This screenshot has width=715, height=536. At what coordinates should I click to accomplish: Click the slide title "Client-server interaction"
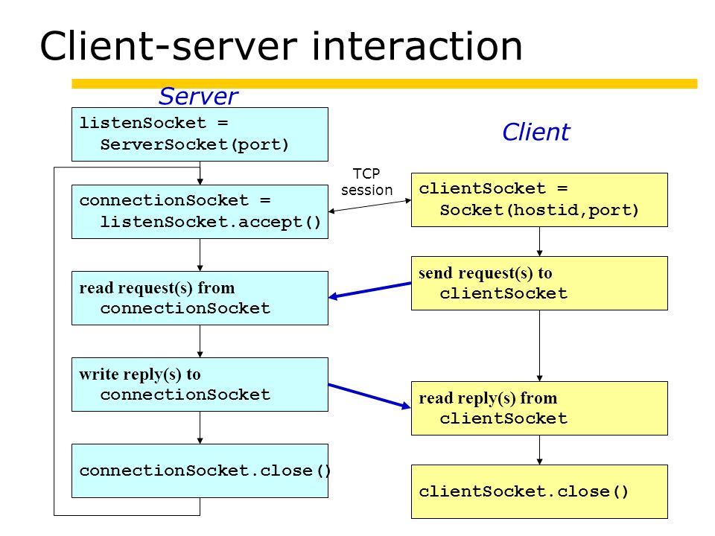pos(281,46)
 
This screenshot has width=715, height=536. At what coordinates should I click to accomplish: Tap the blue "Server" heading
pos(198,96)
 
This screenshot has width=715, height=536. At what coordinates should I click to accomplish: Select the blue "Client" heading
pos(536,133)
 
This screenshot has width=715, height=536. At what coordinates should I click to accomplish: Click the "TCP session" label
pos(366,182)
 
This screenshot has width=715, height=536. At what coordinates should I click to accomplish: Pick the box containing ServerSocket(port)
pos(200,135)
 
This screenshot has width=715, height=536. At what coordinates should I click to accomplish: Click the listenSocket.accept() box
pos(200,211)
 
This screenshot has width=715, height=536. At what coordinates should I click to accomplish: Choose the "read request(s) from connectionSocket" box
pos(200,298)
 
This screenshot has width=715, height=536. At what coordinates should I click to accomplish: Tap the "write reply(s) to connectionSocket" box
pos(200,384)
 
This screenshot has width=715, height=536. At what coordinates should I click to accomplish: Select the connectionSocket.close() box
pos(200,470)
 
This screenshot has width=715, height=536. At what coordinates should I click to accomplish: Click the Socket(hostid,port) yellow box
pos(539,200)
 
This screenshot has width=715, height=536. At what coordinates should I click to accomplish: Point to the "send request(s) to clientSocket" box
pos(539,283)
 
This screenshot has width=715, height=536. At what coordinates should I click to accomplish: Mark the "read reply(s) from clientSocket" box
pos(539,409)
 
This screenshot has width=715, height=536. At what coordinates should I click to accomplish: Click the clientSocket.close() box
pos(539,492)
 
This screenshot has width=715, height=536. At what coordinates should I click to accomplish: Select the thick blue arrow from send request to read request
pos(370,290)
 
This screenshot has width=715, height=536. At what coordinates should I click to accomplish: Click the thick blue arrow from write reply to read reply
pos(370,396)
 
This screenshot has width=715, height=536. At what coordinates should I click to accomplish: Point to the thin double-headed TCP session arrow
pos(370,205)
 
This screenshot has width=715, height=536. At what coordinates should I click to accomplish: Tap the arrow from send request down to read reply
pos(539,346)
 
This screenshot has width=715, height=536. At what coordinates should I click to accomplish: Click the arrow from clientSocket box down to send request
pos(539,241)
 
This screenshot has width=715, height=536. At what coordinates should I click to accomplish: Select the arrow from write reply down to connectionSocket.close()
pos(200,427)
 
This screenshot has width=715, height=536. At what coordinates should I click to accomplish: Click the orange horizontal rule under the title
pos(384,84)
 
